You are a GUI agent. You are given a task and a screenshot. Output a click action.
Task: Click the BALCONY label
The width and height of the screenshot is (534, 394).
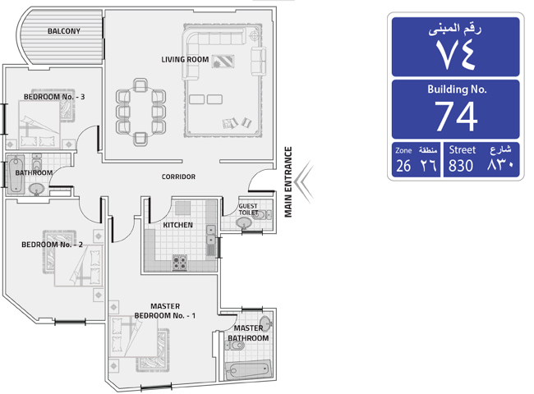point(64,31)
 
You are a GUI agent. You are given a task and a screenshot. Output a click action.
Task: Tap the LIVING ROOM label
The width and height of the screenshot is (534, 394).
point(185,60)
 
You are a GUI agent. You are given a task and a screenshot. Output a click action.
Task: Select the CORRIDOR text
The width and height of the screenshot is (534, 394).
point(178,176)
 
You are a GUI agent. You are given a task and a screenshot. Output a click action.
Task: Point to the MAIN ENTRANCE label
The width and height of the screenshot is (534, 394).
point(288,182)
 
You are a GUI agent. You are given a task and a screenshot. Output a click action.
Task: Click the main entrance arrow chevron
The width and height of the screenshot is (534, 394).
point(303,182)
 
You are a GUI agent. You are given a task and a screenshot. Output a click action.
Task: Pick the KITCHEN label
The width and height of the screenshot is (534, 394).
point(177,225)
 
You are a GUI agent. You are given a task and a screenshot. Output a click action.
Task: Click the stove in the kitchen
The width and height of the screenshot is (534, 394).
point(179,263)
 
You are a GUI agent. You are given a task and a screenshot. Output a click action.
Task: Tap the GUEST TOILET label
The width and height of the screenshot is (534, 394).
point(248,209)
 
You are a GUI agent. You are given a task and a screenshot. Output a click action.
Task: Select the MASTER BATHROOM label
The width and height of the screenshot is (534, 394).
point(248,333)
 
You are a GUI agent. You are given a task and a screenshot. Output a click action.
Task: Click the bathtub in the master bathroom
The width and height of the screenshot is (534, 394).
point(249,370)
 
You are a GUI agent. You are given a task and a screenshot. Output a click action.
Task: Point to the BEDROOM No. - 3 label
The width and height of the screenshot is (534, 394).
point(54,97)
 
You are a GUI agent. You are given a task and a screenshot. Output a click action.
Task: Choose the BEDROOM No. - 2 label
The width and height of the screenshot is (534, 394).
point(52,245)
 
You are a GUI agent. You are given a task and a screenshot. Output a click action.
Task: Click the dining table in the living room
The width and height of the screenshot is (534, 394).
point(140,112)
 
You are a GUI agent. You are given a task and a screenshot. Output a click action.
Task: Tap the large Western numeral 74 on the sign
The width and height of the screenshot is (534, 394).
point(456,117)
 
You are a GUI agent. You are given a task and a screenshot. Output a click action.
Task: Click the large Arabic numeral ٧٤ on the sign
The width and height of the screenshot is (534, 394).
point(456,54)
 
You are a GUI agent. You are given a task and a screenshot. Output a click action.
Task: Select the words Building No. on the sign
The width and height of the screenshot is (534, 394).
point(457,89)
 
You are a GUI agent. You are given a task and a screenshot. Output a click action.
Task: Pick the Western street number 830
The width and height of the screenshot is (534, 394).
point(461,166)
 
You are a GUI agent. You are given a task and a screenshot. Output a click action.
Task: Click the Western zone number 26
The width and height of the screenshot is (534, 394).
point(403,166)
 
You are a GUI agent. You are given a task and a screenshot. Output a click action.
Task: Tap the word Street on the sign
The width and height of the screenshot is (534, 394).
point(463,149)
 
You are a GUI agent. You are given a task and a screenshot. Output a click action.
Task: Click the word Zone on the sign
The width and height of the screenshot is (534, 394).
point(403,150)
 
